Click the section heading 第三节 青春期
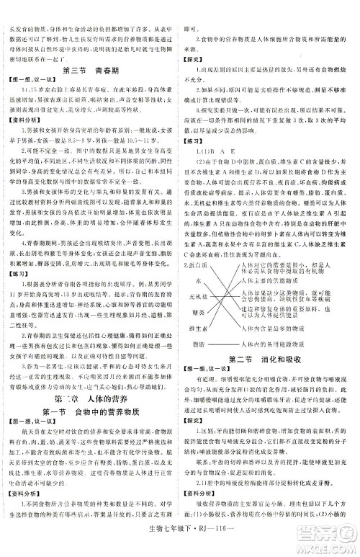click(x=90, y=69)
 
